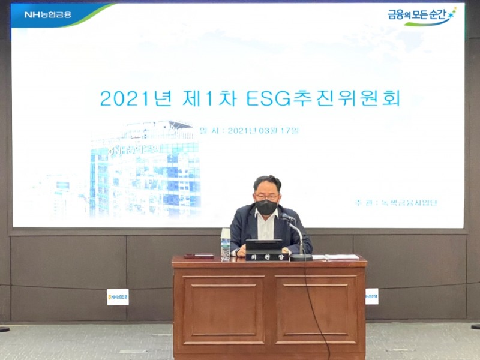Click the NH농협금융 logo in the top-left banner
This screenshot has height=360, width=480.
tap(47, 14)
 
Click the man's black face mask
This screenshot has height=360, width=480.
tap(266, 208)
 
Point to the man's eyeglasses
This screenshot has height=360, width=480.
tap(266, 197)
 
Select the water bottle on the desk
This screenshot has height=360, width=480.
tap(226, 245)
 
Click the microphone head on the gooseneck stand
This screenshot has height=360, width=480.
tap(287, 217)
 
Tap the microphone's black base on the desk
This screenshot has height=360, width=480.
tap(301, 257)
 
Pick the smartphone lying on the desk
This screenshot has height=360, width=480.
tap(199, 256)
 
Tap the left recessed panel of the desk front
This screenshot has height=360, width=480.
tap(223, 310)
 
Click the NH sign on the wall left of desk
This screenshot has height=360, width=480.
tap(118, 296)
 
